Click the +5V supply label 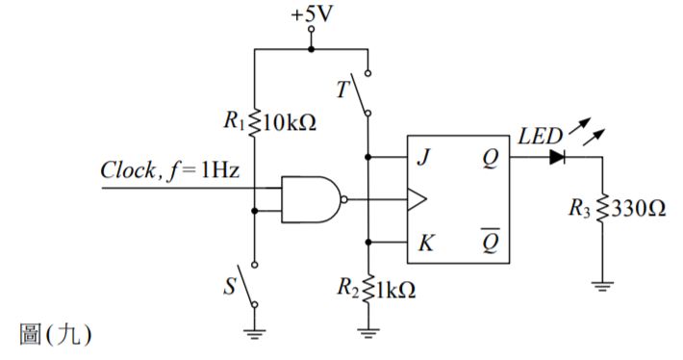pos(311,16)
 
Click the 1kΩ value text pos(398,290)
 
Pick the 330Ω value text pos(638,209)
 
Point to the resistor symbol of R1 pos(255,122)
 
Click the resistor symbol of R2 pos(368,290)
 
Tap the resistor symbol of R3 pos(601,209)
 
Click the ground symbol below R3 pos(601,285)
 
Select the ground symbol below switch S pos(255,332)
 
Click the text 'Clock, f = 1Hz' pos(169,171)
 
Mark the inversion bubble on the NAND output pos(345,200)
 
